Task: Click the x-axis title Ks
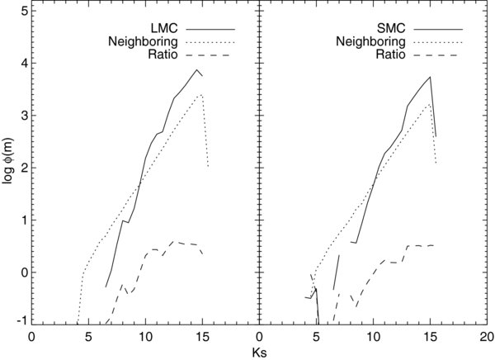[x=259, y=352]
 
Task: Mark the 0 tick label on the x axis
[x=31, y=337]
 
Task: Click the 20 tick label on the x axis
[x=487, y=337]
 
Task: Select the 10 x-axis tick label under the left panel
[x=145, y=337]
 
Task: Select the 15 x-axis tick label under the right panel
[x=430, y=337]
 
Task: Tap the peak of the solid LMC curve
[x=196, y=69]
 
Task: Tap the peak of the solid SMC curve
[x=430, y=77]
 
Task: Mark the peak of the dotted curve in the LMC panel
[x=201, y=94]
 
